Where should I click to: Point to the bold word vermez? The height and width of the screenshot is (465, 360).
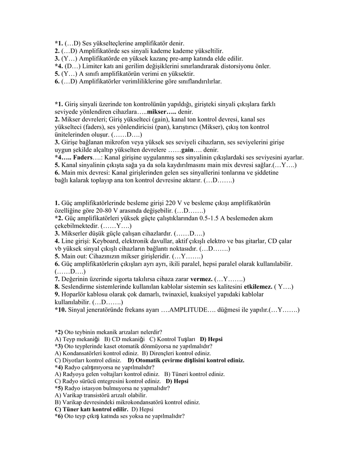[202, 279]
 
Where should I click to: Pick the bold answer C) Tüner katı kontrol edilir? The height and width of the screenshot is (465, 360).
[91, 409]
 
